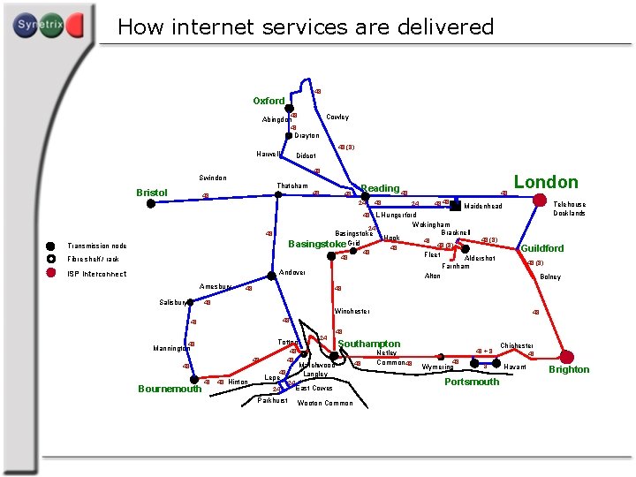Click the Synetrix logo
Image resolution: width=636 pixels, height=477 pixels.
(x=48, y=26)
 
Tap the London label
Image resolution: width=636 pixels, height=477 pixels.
(x=546, y=182)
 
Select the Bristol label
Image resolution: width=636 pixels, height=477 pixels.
(x=152, y=192)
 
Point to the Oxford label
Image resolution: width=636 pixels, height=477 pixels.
(x=269, y=101)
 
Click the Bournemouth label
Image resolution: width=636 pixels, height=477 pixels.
(x=170, y=390)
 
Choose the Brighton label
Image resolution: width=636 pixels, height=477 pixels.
(x=569, y=369)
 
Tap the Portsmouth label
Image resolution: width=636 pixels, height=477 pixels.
(x=472, y=382)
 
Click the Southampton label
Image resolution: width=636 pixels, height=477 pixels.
(x=369, y=344)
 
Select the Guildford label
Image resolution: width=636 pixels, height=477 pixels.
(x=542, y=248)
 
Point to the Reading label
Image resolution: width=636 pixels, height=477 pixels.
(x=380, y=188)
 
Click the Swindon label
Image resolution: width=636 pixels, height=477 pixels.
(x=213, y=178)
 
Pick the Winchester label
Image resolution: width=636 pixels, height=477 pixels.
(x=352, y=311)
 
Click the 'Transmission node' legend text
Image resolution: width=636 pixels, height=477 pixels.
(x=97, y=246)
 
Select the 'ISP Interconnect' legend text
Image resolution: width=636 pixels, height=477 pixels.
(x=96, y=274)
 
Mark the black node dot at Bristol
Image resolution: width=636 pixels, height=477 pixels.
(x=151, y=203)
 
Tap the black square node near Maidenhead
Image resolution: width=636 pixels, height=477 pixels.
(x=455, y=205)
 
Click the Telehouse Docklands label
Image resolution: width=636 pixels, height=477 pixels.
(x=569, y=208)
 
